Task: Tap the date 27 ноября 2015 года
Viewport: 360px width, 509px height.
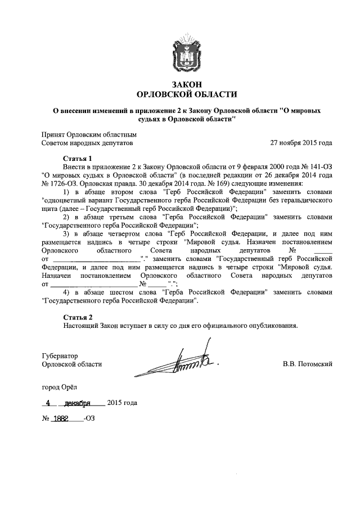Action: (x=301, y=143)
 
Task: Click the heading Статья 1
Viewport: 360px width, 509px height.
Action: (x=78, y=159)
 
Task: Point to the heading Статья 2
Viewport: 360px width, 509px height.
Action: (x=78, y=317)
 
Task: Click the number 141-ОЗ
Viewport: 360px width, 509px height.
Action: (x=320, y=167)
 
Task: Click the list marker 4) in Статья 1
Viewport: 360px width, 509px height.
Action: (x=67, y=293)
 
